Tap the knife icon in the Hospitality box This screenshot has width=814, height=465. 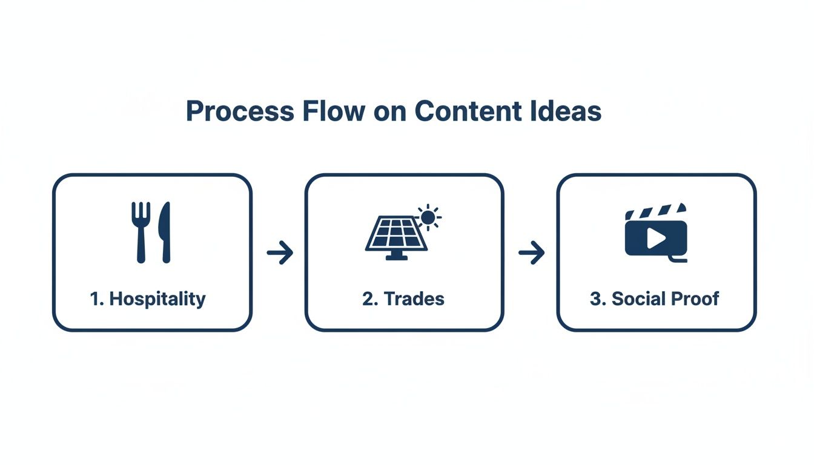tap(164, 232)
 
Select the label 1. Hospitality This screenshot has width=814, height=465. tap(148, 298)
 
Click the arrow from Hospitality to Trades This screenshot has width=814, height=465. tap(280, 252)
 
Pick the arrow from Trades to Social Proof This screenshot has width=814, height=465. tap(531, 252)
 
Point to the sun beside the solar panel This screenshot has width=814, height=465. tap(428, 217)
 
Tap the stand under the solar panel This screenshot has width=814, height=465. tap(397, 256)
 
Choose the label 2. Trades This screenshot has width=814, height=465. tap(403, 298)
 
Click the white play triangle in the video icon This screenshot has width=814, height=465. tap(655, 239)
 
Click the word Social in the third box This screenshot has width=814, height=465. tap(636, 298)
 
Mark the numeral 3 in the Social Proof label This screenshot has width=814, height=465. tap(595, 298)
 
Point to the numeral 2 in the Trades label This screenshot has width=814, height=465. tap(367, 298)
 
